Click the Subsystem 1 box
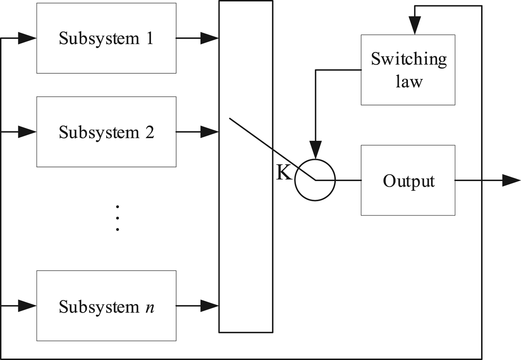[106, 38]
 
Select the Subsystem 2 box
[106, 132]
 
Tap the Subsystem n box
[106, 306]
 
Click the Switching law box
[408, 70]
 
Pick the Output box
[408, 180]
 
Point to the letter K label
[284, 173]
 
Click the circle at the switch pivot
[315, 180]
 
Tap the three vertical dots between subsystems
[118, 218]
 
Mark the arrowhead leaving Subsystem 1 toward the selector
[209, 38]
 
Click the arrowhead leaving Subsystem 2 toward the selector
[209, 132]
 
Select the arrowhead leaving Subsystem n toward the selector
[209, 306]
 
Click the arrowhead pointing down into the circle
[316, 150]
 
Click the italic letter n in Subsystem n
[150, 308]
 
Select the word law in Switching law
[409, 81]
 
